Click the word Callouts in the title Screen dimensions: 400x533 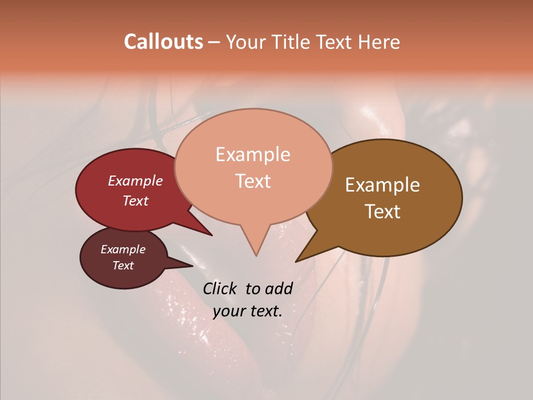[163, 42]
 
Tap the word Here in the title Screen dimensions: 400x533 [380, 42]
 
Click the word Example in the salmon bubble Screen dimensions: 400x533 [253, 154]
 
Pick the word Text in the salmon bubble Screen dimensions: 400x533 [253, 181]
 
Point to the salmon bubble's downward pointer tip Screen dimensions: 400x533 [256, 255]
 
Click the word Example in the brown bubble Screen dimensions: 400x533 [383, 185]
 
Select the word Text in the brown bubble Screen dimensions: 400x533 [383, 211]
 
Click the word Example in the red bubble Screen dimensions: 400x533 [135, 181]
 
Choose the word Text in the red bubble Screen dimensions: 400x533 [135, 201]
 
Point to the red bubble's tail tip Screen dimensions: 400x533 [212, 235]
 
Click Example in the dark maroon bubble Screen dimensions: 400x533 [123, 249]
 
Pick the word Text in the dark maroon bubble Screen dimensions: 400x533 [123, 266]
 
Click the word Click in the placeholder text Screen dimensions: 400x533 [221, 288]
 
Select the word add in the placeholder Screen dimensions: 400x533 [279, 288]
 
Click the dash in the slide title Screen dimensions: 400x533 [214, 42]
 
